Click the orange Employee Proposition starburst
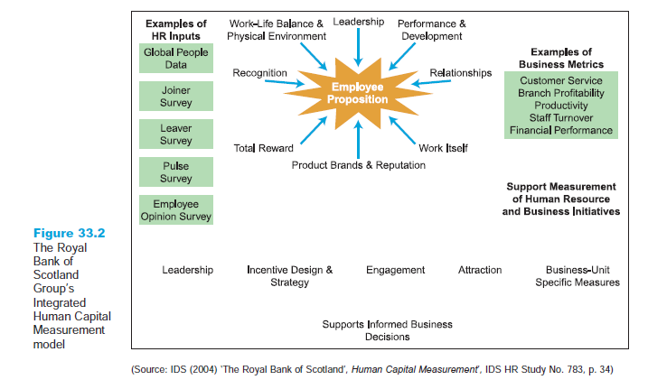click(x=359, y=93)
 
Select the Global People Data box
click(x=177, y=60)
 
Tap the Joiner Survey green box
click(x=177, y=97)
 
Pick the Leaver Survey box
click(x=177, y=134)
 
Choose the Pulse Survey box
click(x=177, y=172)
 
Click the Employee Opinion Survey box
click(x=177, y=210)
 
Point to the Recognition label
click(x=260, y=72)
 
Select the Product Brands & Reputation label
click(x=359, y=165)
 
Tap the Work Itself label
click(x=443, y=147)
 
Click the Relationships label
click(x=461, y=72)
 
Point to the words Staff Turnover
click(x=560, y=118)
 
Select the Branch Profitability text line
click(x=560, y=93)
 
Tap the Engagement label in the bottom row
click(x=395, y=270)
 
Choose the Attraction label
click(x=480, y=270)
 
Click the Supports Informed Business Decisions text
click(x=388, y=330)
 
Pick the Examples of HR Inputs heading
click(x=176, y=30)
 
